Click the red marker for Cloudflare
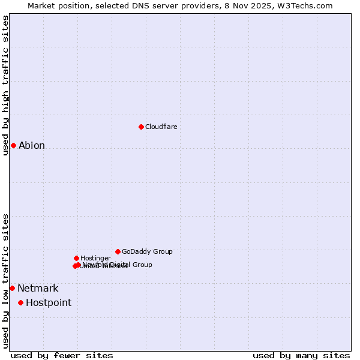141,127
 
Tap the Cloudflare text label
161,127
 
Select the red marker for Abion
13,145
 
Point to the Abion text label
32,146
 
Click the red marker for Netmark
12,288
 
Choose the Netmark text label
38,289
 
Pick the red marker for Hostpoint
20,302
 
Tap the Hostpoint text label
49,303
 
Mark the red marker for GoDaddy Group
118,251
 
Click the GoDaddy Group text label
147,252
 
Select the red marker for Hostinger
76,258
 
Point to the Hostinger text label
95,259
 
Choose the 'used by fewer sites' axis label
62,356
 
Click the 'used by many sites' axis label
301,356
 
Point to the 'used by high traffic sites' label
5,85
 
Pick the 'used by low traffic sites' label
5,281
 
